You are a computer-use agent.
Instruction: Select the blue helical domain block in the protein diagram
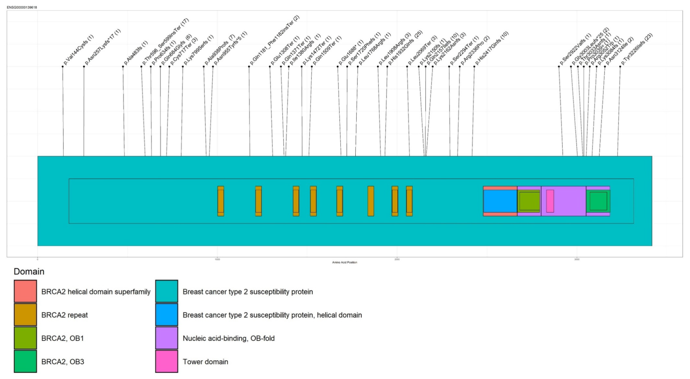tap(500, 201)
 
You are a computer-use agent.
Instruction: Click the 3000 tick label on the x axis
tap(577, 259)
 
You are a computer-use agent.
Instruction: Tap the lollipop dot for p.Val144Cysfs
tap(63, 66)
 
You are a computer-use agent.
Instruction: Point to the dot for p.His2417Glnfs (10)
tap(474, 66)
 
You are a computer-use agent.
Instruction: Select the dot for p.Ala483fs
tap(123, 66)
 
